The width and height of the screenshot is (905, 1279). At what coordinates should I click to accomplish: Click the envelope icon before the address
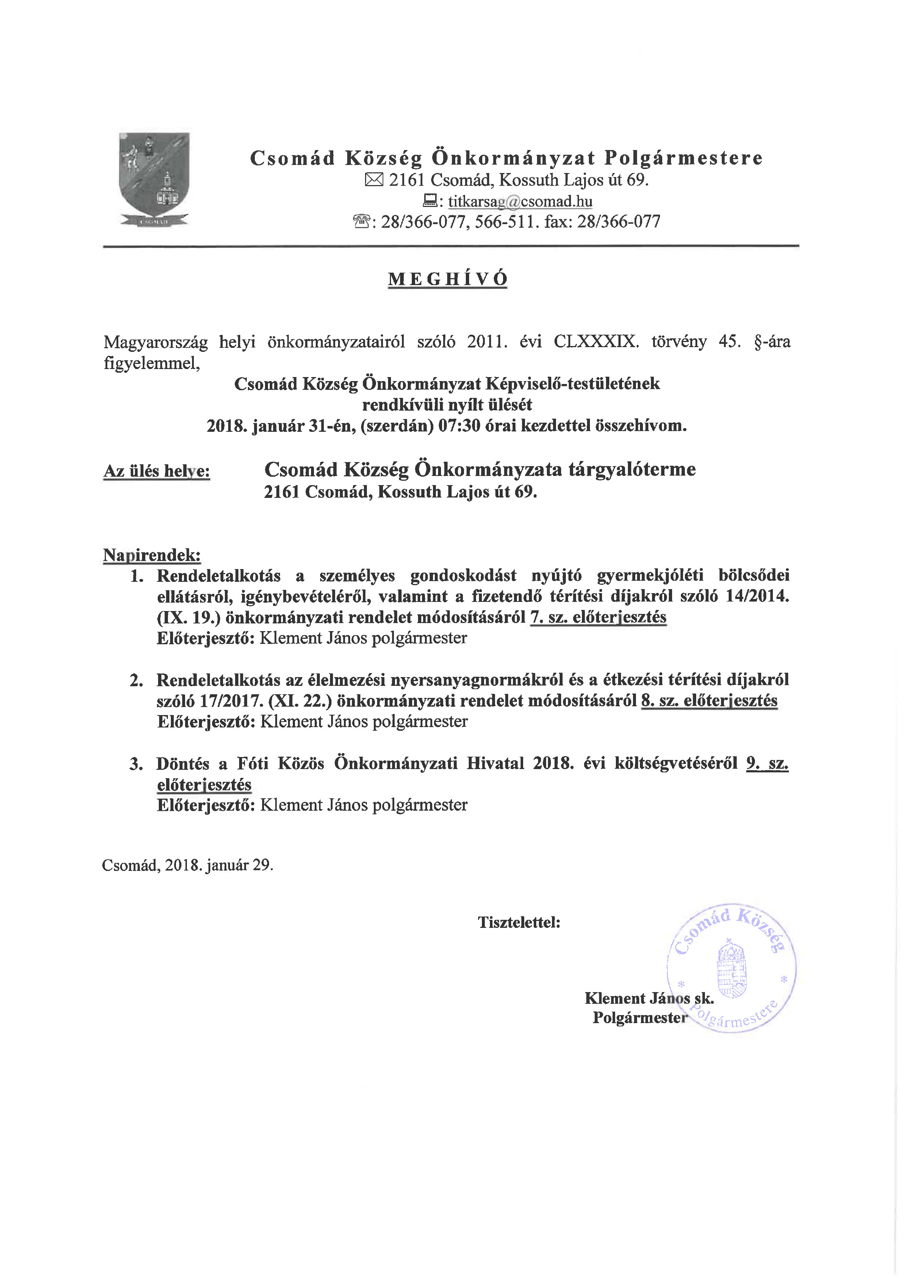374,180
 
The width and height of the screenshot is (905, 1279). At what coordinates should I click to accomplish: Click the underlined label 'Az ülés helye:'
157,471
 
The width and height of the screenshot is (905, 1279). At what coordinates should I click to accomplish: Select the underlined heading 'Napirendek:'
152,555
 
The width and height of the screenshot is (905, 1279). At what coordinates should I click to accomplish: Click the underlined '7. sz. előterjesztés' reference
598,617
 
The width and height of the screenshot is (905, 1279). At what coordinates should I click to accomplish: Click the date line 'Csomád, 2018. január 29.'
187,865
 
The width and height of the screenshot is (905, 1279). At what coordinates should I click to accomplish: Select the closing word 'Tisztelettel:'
519,922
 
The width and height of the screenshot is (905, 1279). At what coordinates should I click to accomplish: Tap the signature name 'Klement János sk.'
649,998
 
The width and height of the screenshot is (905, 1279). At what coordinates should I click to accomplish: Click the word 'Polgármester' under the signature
640,1018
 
